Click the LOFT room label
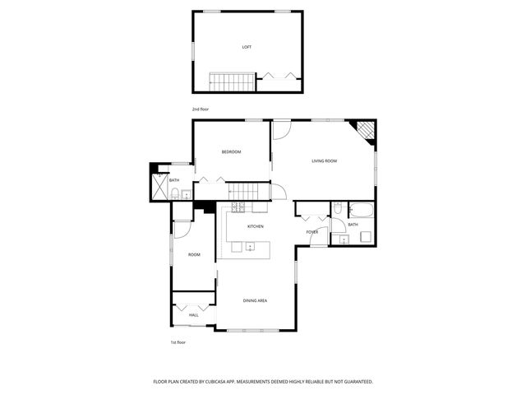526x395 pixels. point(247,47)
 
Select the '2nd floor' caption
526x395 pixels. point(201,109)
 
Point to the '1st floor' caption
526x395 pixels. point(178,342)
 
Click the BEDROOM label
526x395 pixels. point(231,151)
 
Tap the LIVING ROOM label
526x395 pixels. point(324,160)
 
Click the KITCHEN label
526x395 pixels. point(256,226)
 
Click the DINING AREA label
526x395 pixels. point(255,300)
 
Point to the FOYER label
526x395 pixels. point(312,232)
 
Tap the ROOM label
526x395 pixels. point(194,254)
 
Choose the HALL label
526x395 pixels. point(194,314)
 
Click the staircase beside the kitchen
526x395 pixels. point(244,192)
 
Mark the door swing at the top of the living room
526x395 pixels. point(282,128)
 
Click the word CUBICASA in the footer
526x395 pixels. point(238,382)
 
